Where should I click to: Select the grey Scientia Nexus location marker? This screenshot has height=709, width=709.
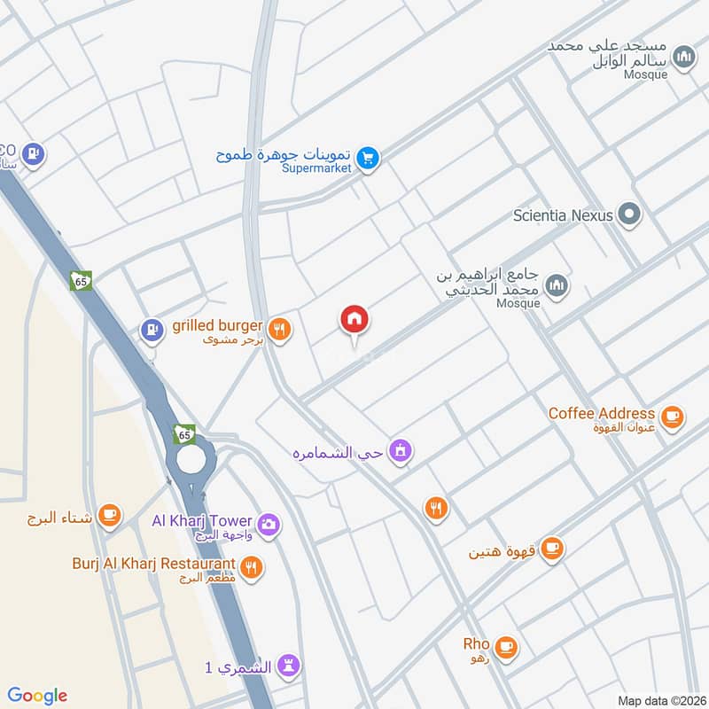[629, 214]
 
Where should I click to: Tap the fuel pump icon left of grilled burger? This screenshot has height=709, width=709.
[152, 331]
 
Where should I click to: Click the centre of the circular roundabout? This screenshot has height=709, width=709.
[190, 458]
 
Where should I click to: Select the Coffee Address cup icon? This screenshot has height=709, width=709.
[672, 415]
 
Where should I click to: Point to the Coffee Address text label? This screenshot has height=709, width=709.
[601, 414]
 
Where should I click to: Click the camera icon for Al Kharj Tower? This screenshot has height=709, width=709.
[269, 524]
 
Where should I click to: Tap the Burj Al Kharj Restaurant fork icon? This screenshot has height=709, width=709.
[253, 567]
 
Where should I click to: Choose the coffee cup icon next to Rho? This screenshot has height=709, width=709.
[506, 646]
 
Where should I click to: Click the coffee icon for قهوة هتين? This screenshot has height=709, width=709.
[552, 549]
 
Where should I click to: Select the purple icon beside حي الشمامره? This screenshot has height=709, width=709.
[401, 451]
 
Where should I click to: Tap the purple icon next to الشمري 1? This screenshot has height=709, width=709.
[289, 666]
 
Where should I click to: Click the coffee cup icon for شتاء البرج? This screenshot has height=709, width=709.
[109, 515]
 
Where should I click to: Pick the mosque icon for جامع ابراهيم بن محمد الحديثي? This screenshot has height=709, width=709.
[557, 284]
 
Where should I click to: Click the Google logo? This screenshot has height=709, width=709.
[36, 696]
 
